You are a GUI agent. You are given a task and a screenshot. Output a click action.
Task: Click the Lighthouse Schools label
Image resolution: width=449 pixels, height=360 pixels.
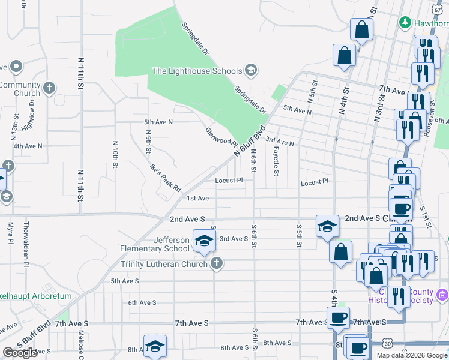[196, 71]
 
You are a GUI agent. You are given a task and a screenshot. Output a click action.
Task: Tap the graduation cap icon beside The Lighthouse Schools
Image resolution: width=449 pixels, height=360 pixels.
[250, 71]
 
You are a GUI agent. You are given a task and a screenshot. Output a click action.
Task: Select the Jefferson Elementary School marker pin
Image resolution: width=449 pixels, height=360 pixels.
[204, 241]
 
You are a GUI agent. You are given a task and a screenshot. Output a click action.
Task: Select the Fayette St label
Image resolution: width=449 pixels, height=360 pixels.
[276, 163]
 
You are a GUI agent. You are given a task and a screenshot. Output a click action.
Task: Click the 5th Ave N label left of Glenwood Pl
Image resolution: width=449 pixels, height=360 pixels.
[158, 122]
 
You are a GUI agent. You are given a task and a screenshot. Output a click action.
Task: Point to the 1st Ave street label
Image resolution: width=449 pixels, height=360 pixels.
[197, 198]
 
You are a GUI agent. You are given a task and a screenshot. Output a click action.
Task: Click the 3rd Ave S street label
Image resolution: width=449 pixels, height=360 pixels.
[234, 239]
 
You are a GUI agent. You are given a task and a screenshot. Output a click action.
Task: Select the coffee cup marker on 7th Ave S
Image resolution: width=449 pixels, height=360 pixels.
[337, 317]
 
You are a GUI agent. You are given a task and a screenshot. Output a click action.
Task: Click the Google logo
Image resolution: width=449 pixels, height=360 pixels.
[20, 353]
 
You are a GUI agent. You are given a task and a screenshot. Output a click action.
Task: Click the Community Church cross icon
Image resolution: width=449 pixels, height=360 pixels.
[49, 88]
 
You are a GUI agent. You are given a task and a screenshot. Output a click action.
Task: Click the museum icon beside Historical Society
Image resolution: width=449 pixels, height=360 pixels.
[442, 295]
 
